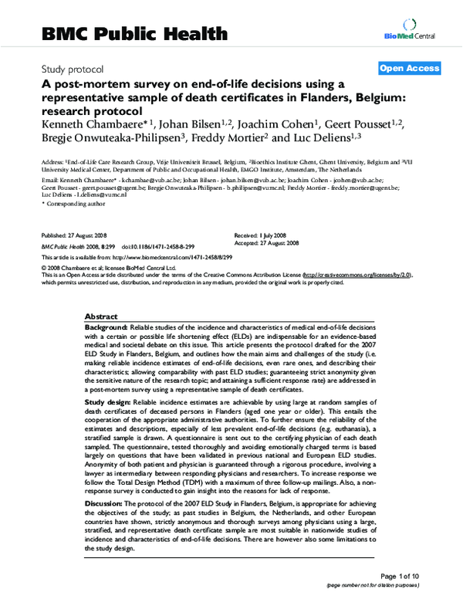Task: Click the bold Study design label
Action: pyautogui.click(x=108, y=403)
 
